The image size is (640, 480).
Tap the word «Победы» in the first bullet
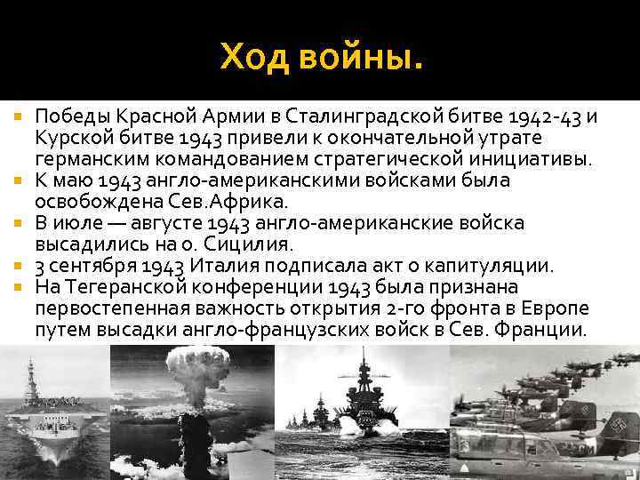(69, 117)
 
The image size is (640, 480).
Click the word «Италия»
(219, 266)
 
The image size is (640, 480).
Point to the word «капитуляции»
(500, 266)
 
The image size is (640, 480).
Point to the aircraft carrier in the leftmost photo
(49, 418)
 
